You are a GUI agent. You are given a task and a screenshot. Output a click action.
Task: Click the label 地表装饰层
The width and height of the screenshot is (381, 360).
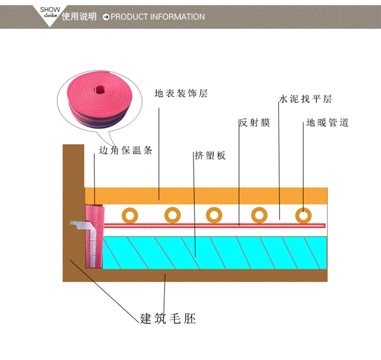(181, 94)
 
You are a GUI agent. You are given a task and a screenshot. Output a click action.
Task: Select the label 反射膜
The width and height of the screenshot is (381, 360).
(255, 123)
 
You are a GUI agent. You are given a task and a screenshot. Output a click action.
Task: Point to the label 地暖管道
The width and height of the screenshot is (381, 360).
(327, 123)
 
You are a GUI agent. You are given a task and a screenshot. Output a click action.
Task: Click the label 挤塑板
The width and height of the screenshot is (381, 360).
(210, 155)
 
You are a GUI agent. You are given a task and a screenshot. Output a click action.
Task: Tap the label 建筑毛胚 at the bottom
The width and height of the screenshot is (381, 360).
(168, 318)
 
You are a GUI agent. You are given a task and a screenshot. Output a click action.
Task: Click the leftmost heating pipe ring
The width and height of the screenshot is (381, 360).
(130, 215)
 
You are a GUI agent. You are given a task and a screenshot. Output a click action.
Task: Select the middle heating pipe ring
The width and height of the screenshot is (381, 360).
(214, 215)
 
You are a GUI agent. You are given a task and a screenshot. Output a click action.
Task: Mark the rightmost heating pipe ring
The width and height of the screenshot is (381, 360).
(303, 215)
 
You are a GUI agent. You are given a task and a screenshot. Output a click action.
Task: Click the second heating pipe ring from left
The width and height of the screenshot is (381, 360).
(172, 215)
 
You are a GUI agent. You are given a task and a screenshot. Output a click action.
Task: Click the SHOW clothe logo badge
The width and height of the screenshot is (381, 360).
(50, 13)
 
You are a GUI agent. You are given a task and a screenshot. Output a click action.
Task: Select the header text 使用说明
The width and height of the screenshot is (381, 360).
(79, 16)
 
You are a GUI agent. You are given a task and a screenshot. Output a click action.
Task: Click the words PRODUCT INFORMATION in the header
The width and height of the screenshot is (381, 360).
(158, 17)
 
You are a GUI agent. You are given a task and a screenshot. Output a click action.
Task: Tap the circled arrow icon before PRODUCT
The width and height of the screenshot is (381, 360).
(106, 17)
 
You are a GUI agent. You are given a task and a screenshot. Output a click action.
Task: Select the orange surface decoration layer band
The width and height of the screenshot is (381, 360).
(207, 195)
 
